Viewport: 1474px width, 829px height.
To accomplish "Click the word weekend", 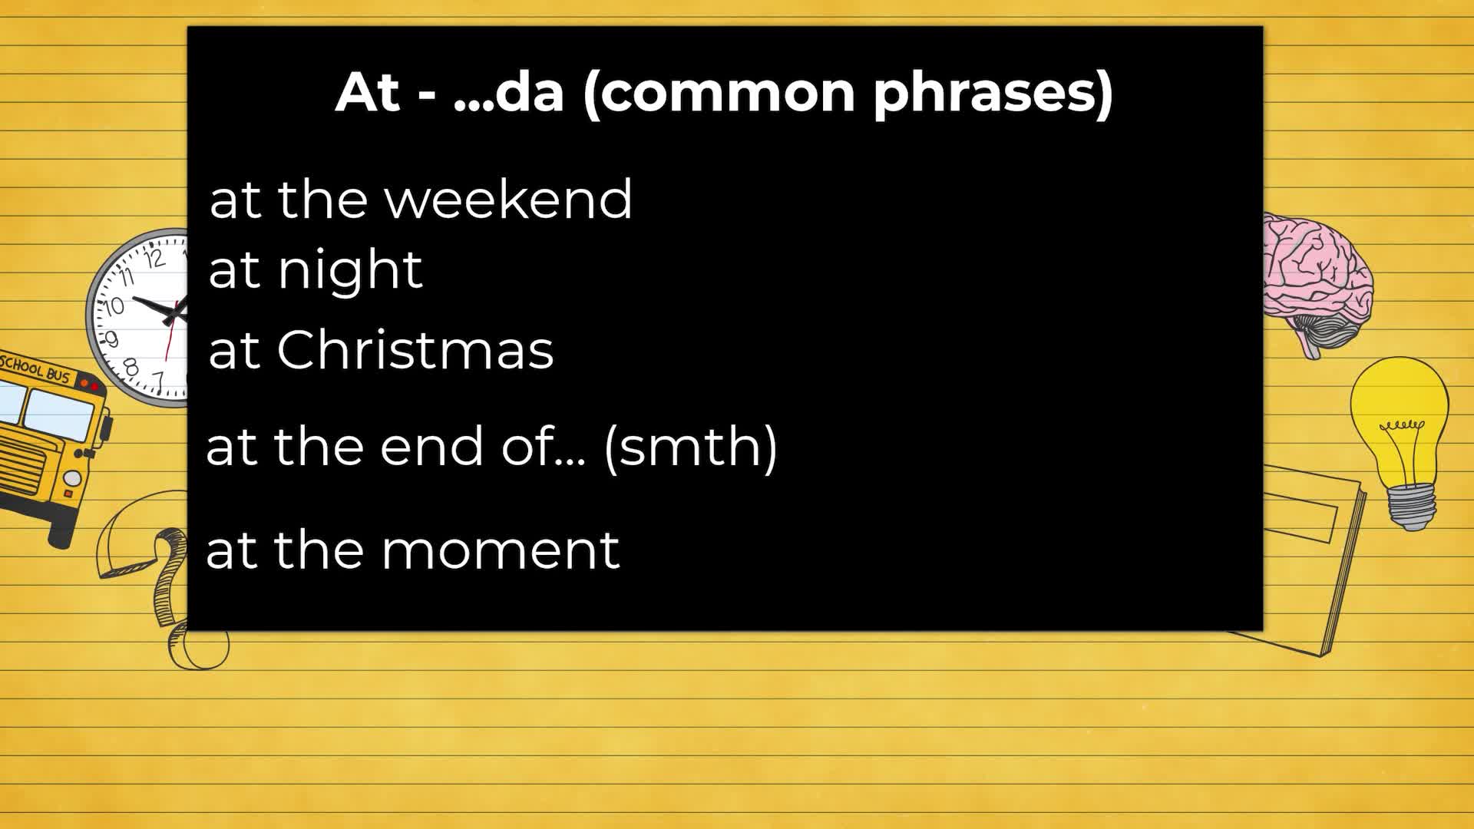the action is pos(508,199).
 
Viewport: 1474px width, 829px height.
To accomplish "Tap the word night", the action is pos(350,270).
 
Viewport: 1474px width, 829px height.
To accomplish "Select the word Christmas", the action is pos(415,349).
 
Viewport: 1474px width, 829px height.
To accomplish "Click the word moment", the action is pos(500,550).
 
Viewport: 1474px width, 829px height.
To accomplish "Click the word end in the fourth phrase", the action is pos(431,446).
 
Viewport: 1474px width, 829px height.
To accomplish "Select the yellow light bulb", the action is pos(1400,441).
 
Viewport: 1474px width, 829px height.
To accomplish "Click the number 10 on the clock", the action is pos(114,306).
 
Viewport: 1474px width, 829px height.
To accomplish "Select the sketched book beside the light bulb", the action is pos(1305,560).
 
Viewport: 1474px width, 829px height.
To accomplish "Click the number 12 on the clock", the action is pos(154,258).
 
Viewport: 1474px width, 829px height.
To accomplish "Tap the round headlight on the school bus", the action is pos(72,478).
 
